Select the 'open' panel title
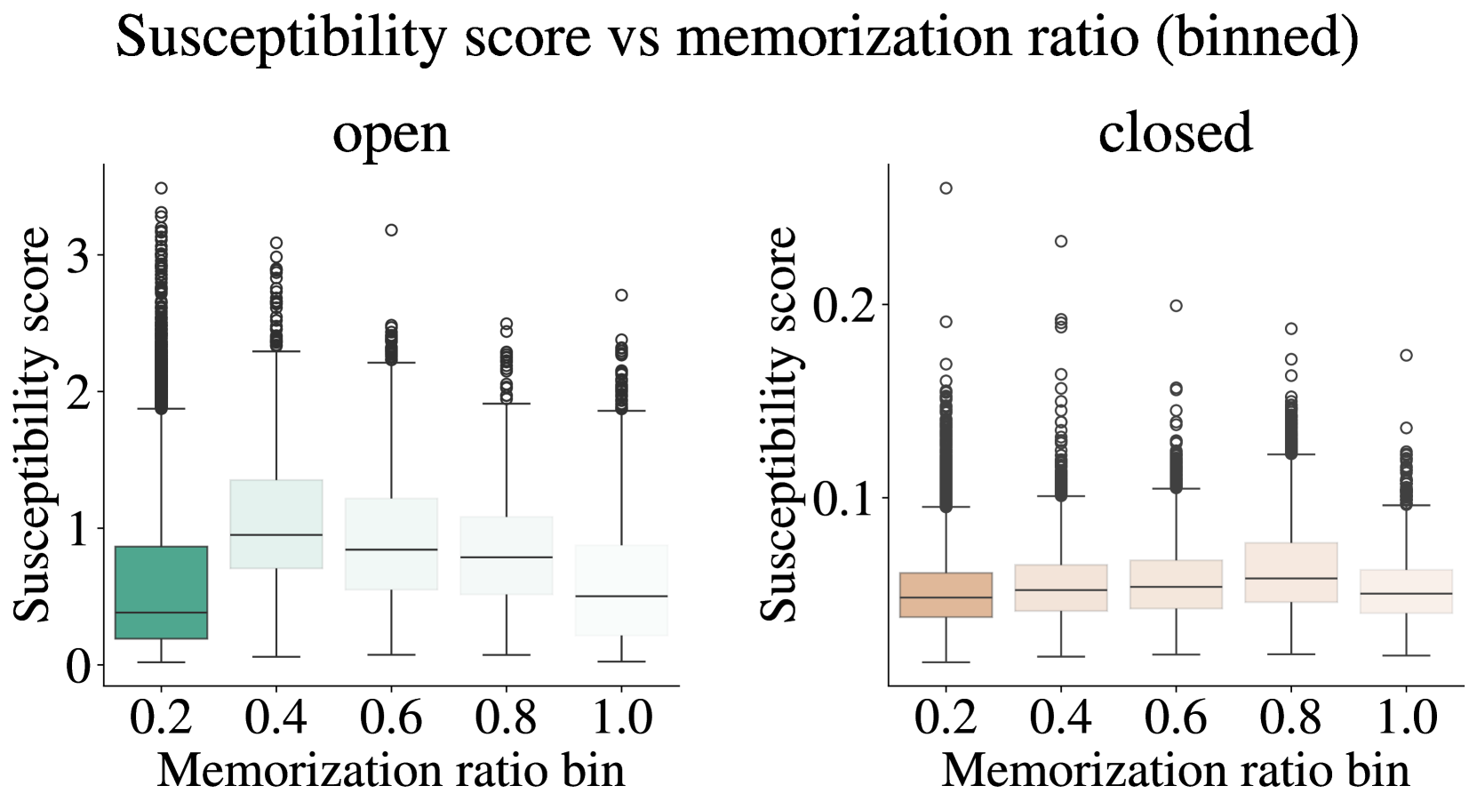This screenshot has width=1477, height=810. click(x=391, y=133)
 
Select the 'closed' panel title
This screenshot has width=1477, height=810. click(x=1175, y=133)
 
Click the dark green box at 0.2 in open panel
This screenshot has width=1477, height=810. click(x=161, y=592)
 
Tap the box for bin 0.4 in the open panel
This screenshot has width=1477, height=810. click(x=275, y=524)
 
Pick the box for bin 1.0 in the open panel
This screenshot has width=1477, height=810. click(x=621, y=589)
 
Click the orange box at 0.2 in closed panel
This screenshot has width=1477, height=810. click(x=946, y=595)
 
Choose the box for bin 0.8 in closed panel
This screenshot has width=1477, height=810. click(x=1290, y=573)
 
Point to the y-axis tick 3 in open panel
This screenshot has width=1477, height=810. click(x=79, y=256)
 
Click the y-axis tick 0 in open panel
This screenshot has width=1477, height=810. click(x=79, y=665)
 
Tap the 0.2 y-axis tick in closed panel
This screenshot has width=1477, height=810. click(x=843, y=305)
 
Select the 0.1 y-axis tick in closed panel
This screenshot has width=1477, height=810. click(x=843, y=499)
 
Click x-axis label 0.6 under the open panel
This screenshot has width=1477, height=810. click(x=391, y=718)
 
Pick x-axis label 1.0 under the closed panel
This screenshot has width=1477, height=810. click(x=1405, y=718)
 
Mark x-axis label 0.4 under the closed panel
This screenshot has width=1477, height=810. click(x=1060, y=718)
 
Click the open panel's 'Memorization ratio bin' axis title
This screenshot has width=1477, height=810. click(x=391, y=770)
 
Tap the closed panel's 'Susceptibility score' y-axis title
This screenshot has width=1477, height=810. click(x=780, y=424)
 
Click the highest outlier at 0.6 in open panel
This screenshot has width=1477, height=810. click(x=391, y=230)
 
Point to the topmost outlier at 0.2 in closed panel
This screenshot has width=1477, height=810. click(x=946, y=188)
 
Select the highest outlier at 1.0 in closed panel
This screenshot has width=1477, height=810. click(x=1406, y=356)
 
